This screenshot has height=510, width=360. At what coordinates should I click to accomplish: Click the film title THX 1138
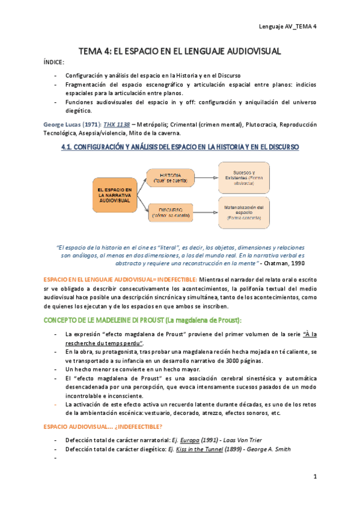click(x=117, y=124)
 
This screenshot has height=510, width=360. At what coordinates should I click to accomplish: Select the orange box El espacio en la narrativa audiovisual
click(x=115, y=195)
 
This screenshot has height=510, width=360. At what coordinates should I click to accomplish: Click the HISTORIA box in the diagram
click(x=171, y=177)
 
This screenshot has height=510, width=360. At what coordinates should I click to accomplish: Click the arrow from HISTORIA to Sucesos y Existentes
click(x=206, y=177)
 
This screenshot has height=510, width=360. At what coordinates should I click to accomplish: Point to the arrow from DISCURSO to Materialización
click(x=206, y=212)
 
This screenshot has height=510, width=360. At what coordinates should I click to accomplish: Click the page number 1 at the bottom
click(x=315, y=476)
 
